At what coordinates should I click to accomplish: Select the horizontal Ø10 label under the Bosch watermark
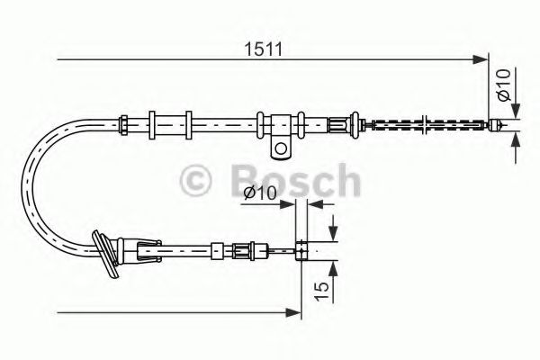tap(260, 193)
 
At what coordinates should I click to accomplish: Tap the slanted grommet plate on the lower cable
tap(107, 253)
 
